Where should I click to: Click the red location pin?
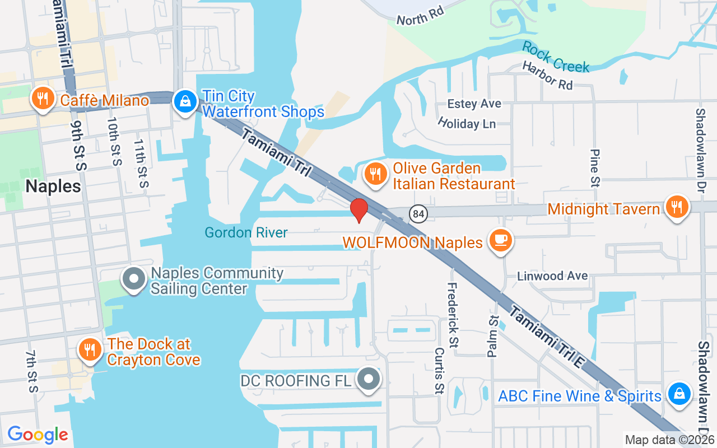[358, 210]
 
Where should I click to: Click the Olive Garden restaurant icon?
[375, 174]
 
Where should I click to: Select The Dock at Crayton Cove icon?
[89, 350]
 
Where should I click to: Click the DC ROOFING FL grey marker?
[369, 379]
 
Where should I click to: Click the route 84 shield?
[418, 213]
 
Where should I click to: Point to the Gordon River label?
[246, 232]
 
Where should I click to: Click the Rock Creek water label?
[556, 57]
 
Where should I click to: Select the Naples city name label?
[53, 186]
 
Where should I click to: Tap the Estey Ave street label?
[474, 104]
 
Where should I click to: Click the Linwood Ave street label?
[552, 276]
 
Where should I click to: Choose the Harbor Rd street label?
[547, 75]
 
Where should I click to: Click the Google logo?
[38, 435]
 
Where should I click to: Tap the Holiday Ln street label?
[467, 123]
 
